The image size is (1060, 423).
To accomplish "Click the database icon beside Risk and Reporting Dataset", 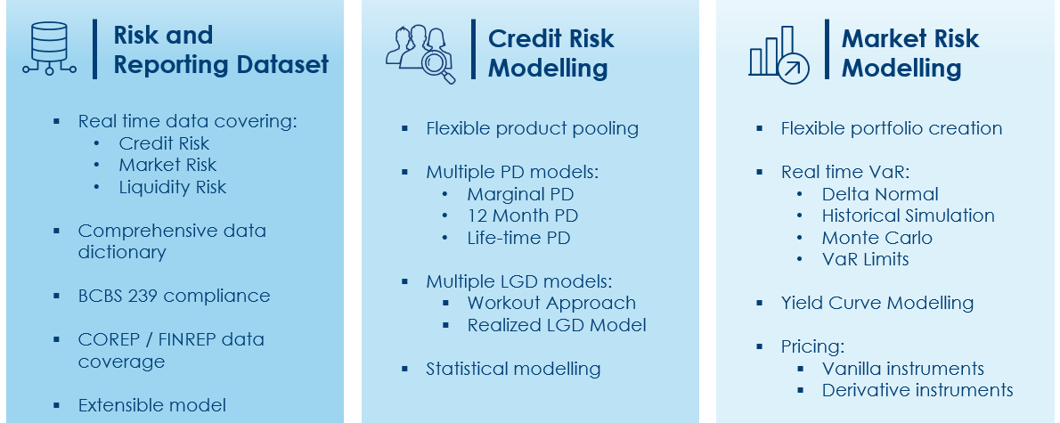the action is tap(49, 47).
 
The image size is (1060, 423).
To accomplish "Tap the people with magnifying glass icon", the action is tap(420, 54).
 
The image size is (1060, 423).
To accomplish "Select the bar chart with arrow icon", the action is tap(779, 54).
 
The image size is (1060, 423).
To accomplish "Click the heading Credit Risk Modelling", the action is tap(551, 53).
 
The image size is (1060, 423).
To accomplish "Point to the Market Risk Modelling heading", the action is tap(910, 53).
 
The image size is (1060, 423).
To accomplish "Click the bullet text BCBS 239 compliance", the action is tap(174, 296).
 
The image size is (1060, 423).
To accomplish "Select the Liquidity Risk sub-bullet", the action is tap(173, 187).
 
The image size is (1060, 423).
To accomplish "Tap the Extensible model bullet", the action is tap(152, 405).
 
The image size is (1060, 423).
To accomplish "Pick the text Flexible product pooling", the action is tap(532, 128).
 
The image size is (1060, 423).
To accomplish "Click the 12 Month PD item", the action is tap(523, 216).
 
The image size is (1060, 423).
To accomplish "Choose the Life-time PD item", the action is tap(518, 238).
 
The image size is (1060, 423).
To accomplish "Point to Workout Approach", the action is tap(551, 303).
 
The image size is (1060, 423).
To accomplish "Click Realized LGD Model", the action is tap(557, 325).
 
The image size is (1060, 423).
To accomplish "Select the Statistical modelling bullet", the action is tap(513, 369).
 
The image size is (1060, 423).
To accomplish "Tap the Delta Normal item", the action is tap(880, 194).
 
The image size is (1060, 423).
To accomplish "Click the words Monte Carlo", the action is tap(877, 238).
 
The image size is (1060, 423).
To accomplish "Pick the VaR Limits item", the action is tap(865, 259).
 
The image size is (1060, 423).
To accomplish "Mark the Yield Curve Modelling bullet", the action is tap(877, 303).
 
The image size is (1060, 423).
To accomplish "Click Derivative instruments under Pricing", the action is tap(917, 390).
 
